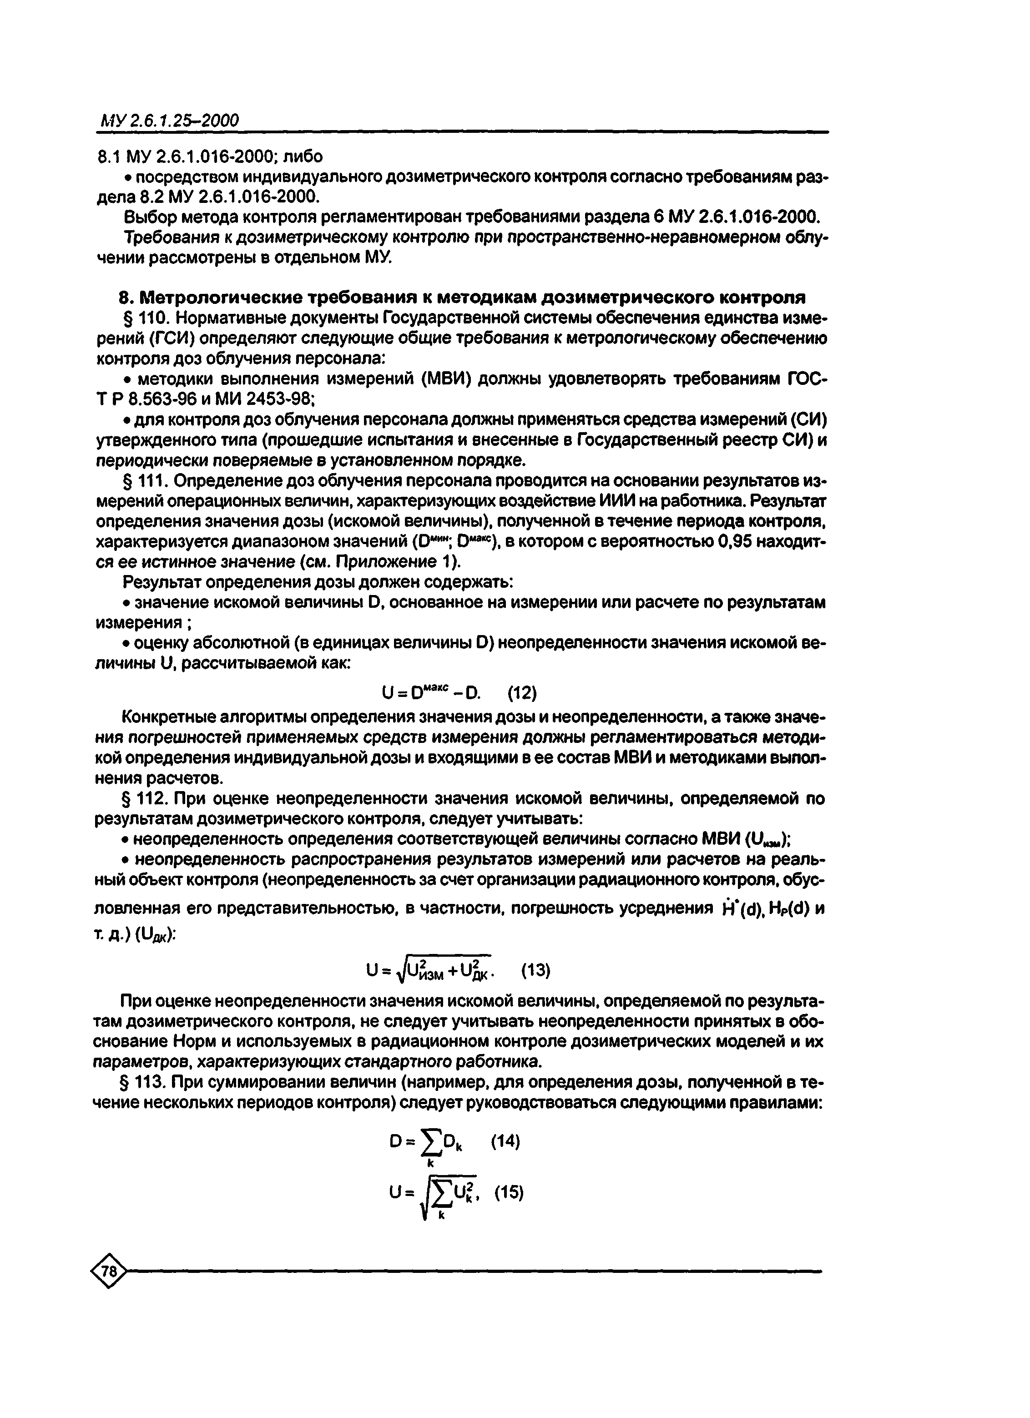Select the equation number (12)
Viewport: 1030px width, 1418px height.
(521, 693)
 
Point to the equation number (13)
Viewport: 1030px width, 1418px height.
(536, 970)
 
